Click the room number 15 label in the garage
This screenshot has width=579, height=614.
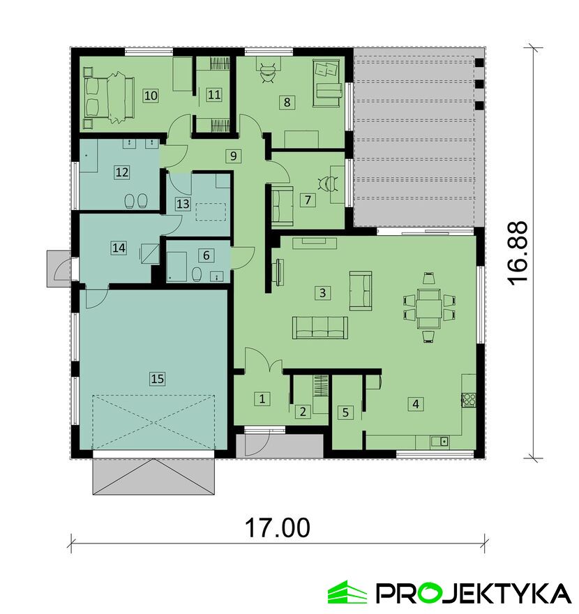point(157,379)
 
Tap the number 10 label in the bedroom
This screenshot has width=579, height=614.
point(151,95)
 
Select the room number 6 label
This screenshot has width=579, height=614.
point(206,255)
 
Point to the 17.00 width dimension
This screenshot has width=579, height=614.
point(278,527)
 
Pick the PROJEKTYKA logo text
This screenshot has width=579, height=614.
point(473,593)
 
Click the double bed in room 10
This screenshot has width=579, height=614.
point(109,96)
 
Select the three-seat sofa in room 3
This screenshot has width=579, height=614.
point(319,327)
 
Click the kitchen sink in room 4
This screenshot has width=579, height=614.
point(440,441)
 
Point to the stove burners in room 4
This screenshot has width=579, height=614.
point(469,399)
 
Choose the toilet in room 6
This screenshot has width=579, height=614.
point(197,274)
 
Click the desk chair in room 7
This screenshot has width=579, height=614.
point(328,184)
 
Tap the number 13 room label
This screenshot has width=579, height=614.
point(183,204)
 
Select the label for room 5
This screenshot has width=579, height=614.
point(345,412)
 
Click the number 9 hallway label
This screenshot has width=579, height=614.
point(233,156)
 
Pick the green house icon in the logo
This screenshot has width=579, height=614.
point(347,593)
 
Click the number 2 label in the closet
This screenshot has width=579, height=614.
point(303,412)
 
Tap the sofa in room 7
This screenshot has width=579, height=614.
point(281,206)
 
